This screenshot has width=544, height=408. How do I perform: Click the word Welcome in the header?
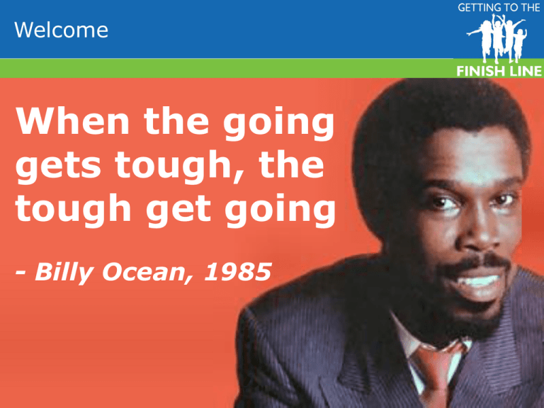point(61,30)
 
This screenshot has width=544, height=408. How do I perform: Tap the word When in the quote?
point(72,120)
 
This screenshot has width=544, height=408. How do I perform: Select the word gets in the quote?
point(58,166)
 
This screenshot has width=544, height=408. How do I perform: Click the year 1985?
point(238,272)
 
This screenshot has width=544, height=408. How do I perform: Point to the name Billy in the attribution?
point(64,273)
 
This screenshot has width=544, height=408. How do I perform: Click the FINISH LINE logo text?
point(499,71)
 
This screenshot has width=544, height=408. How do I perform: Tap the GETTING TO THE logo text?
point(499,8)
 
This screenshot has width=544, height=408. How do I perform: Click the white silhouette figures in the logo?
point(497,38)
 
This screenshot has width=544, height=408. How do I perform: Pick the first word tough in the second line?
point(173,166)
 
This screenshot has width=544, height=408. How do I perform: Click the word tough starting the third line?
point(73,209)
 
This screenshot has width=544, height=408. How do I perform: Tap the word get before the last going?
point(178,210)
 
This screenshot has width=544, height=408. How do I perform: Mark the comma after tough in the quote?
point(238,176)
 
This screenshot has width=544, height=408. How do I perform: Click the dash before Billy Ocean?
point(21,273)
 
